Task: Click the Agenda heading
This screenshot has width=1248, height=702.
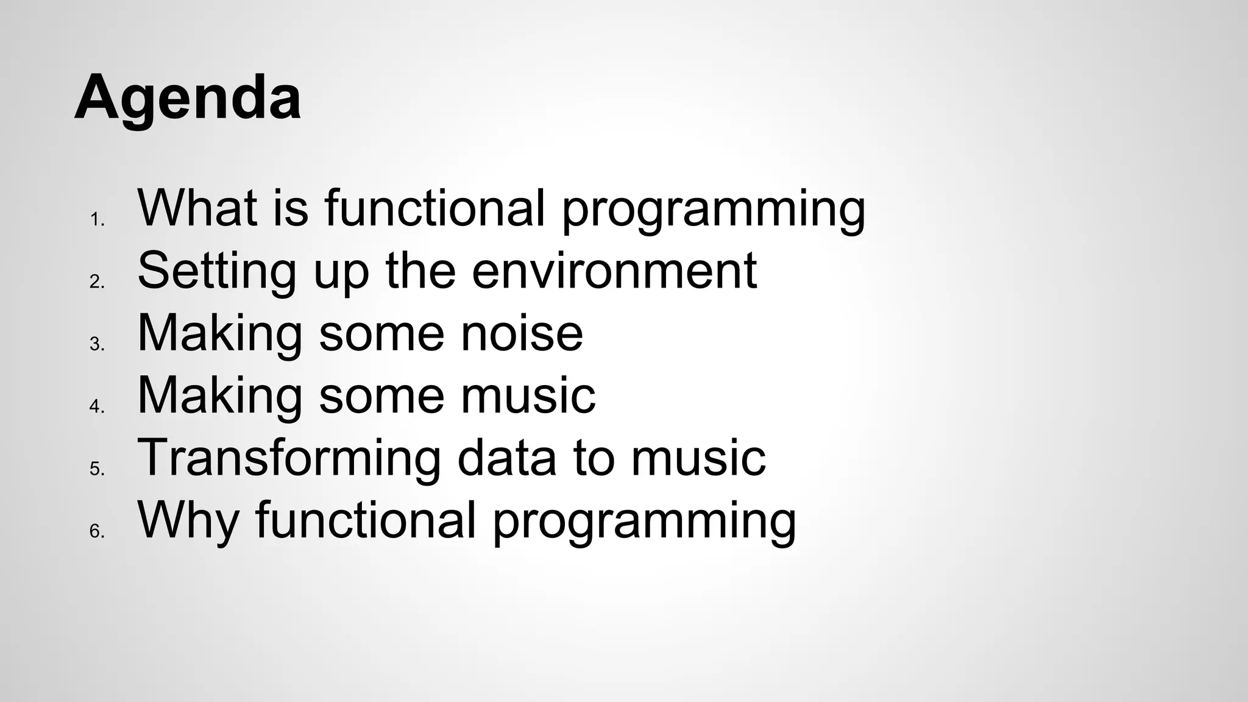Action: pos(188,97)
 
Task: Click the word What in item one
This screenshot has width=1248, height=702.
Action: pos(197,208)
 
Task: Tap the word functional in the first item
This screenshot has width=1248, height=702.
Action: pos(434,208)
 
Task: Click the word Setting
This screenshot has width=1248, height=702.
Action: pos(217,272)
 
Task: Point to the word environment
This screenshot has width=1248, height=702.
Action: pos(614,271)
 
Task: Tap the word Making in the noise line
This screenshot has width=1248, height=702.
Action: pos(220,335)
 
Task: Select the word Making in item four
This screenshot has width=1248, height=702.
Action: pos(220,397)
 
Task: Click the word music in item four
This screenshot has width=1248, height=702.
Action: pos(528,396)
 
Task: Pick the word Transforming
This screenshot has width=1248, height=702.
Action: pos(289,459)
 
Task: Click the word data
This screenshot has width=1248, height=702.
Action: pos(506,458)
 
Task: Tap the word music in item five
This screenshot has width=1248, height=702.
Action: pos(698,458)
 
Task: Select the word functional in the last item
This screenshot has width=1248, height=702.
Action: pos(365,521)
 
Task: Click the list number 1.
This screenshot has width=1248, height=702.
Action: pos(96,219)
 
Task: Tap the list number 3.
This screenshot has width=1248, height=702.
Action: pos(96,344)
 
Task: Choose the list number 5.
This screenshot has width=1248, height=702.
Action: pos(96,469)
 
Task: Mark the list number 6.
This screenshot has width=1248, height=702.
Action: pos(96,531)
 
